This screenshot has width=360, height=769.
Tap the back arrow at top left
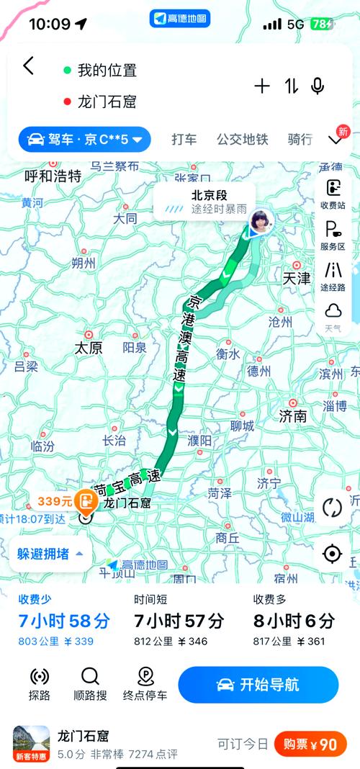tap(28, 66)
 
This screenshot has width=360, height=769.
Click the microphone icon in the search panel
tap(318, 86)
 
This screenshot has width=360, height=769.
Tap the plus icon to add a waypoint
tap(262, 86)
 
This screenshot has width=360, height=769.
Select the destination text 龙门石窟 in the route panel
tap(107, 102)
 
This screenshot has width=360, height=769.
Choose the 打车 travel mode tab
tap(184, 139)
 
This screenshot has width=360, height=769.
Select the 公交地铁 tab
tap(242, 139)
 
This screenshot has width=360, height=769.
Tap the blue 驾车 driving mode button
tap(84, 139)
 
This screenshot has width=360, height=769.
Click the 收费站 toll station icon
tap(333, 193)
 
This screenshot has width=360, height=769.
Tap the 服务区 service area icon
tap(333, 235)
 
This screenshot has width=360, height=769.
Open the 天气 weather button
tap(333, 316)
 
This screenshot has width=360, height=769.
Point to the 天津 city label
tap(296, 277)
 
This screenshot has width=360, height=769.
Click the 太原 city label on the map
tap(89, 348)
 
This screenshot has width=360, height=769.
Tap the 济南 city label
tap(293, 415)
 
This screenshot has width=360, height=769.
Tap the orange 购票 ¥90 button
tap(310, 745)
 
